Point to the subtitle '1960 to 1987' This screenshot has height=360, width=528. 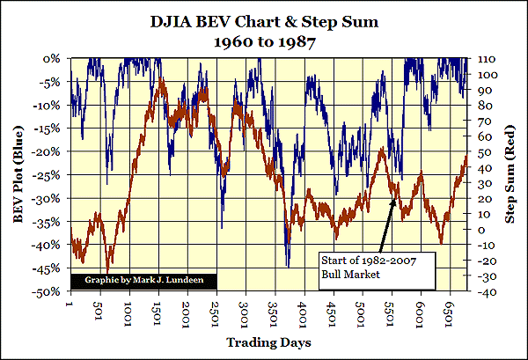pyautogui.click(x=264, y=39)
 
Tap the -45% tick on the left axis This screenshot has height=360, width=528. pyautogui.click(x=48, y=268)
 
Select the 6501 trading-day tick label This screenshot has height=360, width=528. pyautogui.click(x=451, y=309)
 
